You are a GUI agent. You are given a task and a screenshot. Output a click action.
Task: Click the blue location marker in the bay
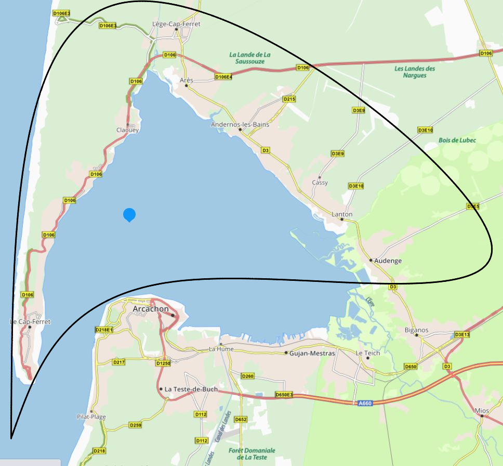[129, 214]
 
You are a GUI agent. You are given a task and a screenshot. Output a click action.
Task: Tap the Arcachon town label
[151, 309]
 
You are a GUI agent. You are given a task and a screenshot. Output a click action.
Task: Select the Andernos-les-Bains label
[240, 125]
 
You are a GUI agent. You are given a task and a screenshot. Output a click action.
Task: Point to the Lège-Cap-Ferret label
[176, 24]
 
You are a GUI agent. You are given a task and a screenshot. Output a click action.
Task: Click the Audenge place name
[388, 261]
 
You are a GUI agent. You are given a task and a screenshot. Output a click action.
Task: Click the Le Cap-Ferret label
[30, 322]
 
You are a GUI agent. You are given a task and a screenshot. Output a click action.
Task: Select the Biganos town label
[416, 330]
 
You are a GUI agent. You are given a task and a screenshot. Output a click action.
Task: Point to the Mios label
[482, 411]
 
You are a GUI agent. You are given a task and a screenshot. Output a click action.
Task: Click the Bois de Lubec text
[457, 140]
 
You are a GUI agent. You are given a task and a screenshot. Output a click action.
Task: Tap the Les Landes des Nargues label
[414, 72]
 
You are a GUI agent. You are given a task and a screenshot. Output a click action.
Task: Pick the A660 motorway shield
[365, 403]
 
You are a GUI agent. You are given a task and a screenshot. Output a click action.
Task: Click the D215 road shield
[289, 99]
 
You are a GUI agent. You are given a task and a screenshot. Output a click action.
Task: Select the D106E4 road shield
[223, 77]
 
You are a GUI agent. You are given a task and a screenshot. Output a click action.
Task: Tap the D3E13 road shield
[461, 334]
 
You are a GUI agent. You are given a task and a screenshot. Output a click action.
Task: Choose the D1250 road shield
[163, 363]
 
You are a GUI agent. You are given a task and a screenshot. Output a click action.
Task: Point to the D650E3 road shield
[284, 395]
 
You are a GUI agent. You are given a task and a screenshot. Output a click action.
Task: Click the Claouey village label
[127, 130]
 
